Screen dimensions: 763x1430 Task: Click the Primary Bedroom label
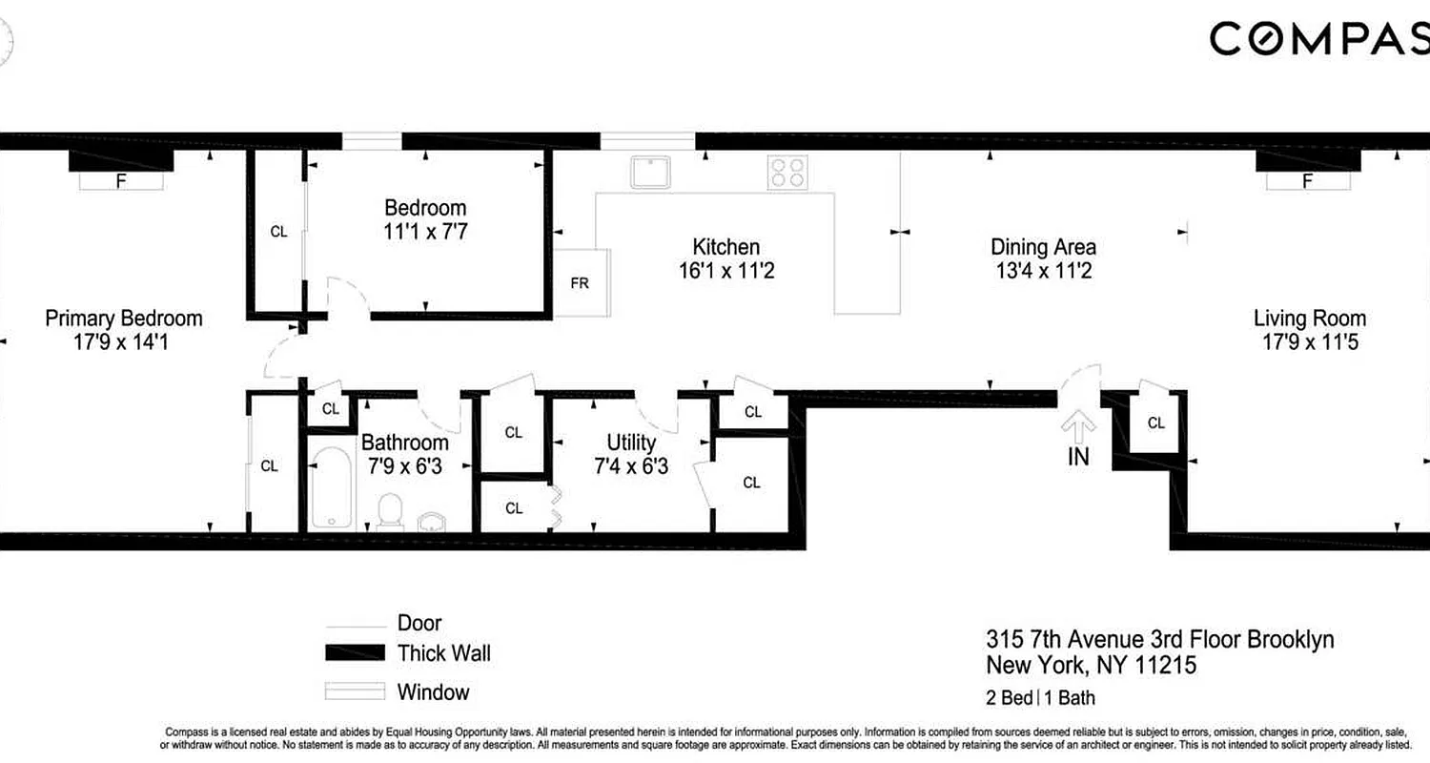click(124, 319)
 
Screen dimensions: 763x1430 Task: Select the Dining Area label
click(1043, 247)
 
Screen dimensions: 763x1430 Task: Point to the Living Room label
click(1309, 319)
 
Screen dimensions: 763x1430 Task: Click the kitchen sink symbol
click(653, 173)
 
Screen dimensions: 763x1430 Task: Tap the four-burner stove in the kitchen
click(787, 173)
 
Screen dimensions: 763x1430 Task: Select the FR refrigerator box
click(581, 283)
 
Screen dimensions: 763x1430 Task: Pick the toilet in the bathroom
click(389, 510)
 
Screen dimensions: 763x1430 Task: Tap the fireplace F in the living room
click(1307, 179)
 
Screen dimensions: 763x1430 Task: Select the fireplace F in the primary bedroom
click(121, 179)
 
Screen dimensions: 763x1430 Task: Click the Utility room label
click(631, 443)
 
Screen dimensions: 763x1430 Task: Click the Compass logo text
click(1319, 39)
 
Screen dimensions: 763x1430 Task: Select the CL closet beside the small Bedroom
click(278, 231)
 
